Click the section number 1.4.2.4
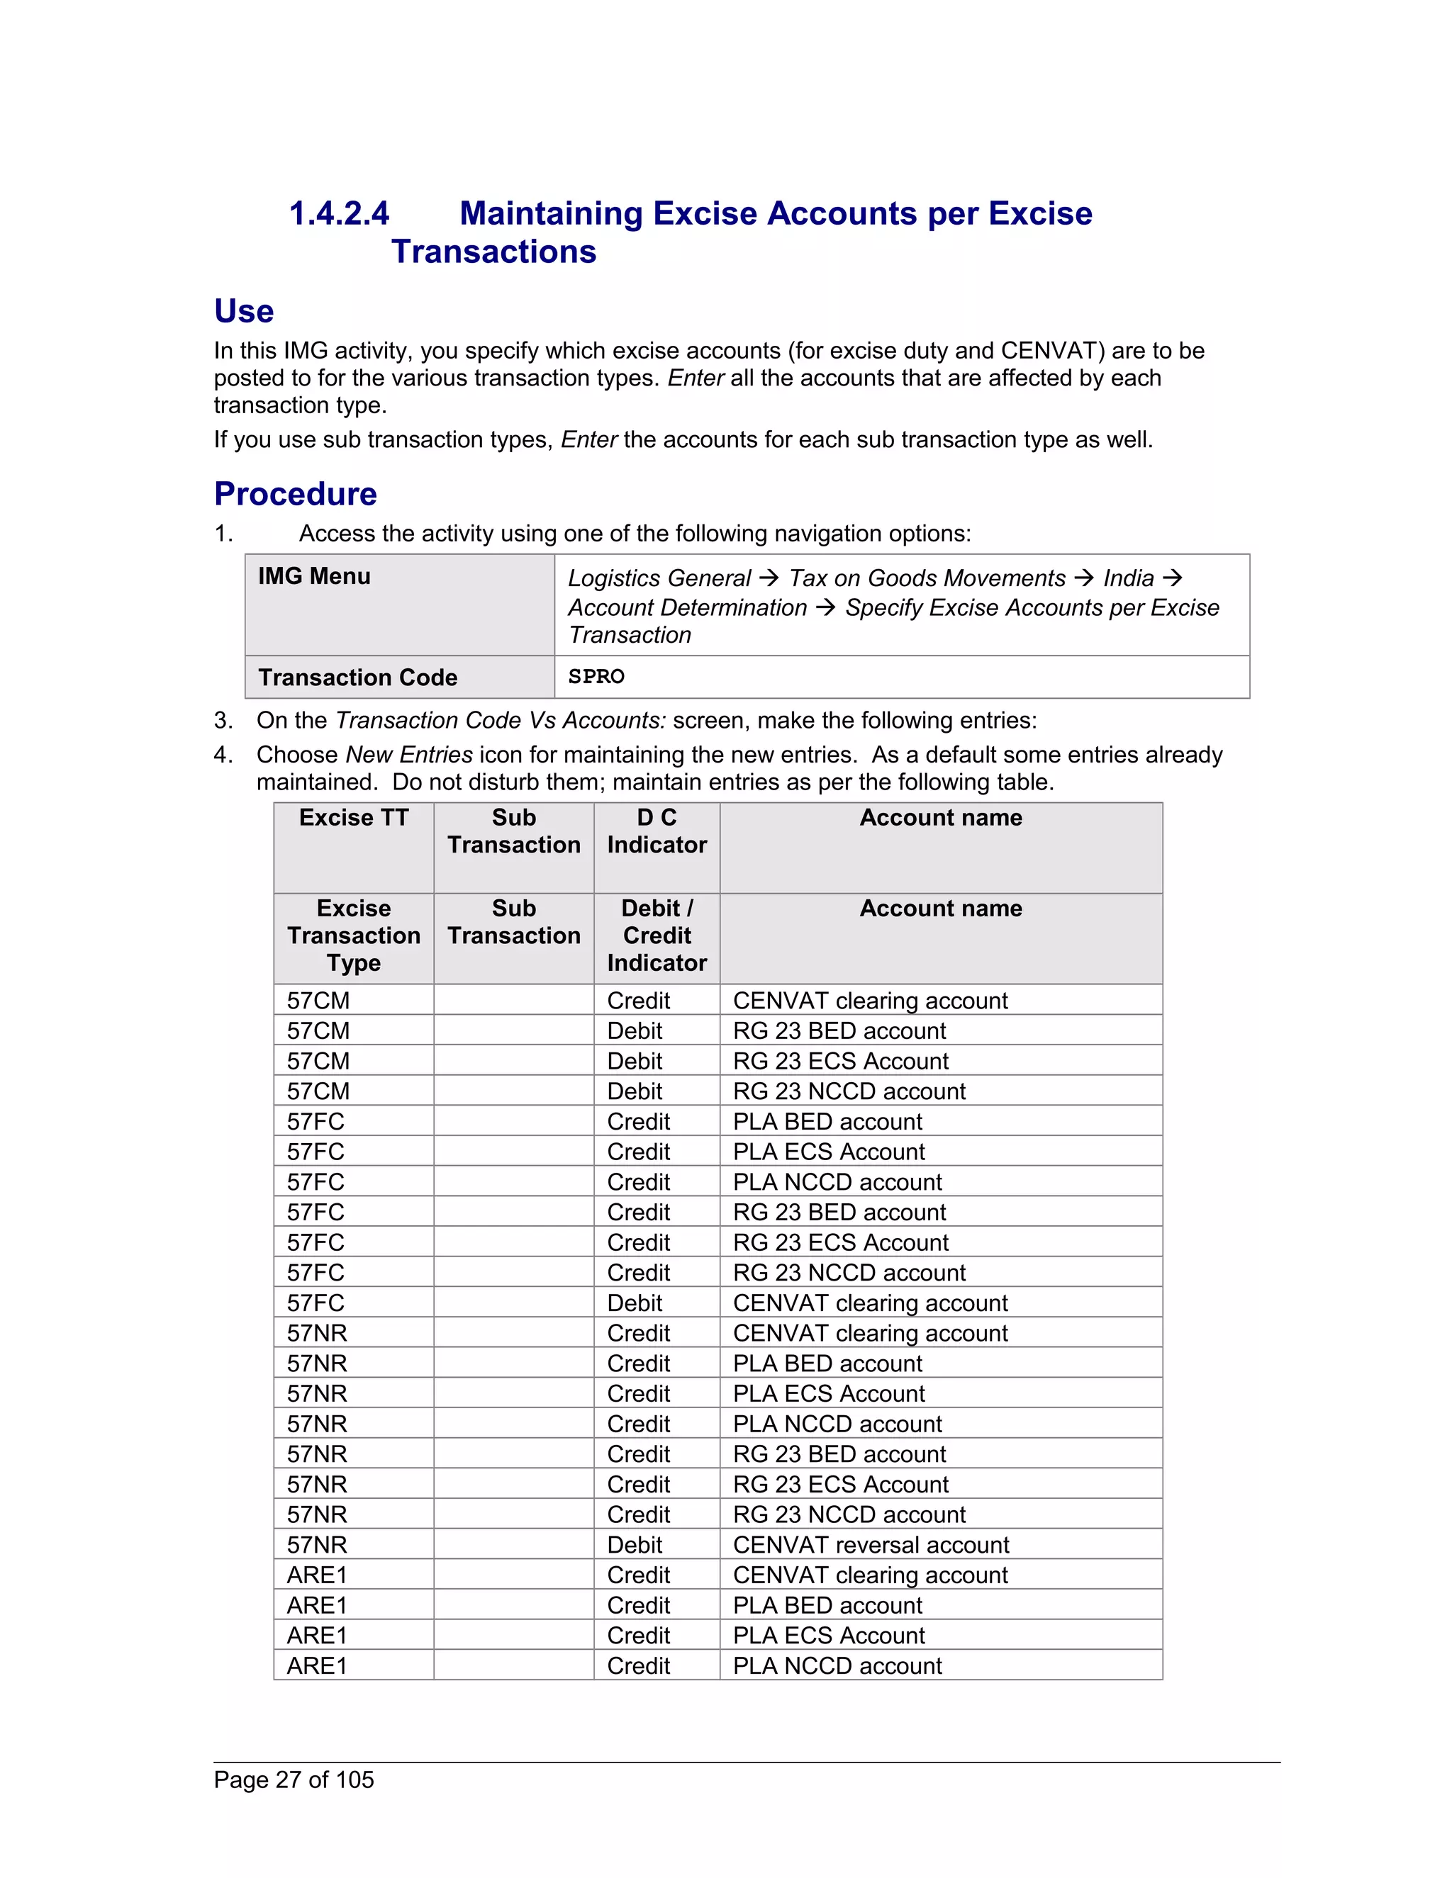[339, 213]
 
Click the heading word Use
[243, 311]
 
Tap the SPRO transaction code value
[596, 677]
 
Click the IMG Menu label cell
[314, 576]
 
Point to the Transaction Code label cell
[357, 677]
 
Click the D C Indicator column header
[657, 831]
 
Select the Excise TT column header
[354, 818]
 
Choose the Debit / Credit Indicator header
[657, 935]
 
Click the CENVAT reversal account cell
[871, 1545]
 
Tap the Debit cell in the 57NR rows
[634, 1545]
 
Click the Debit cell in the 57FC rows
[634, 1303]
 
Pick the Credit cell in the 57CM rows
[638, 1001]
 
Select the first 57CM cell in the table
[318, 1001]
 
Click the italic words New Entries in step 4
[408, 755]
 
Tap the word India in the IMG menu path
[1128, 579]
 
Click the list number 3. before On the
[223, 721]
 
